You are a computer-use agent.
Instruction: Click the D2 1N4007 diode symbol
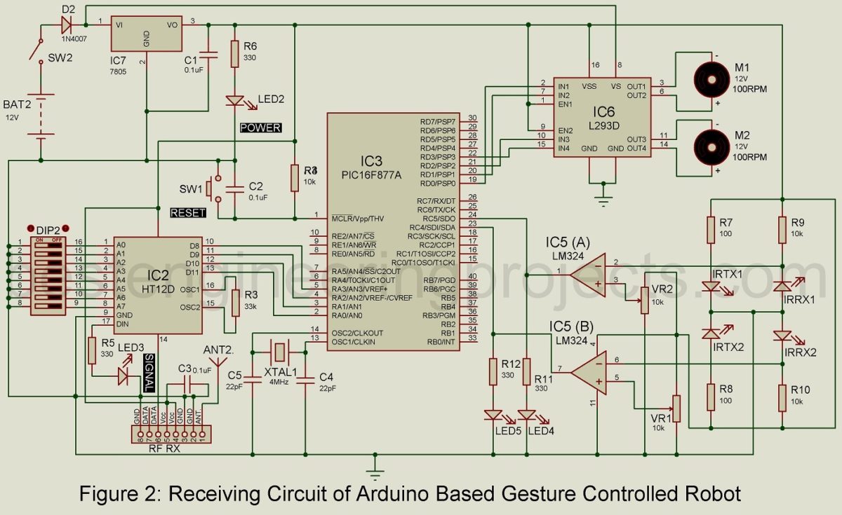[x=67, y=25]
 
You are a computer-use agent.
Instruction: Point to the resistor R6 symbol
[x=235, y=54]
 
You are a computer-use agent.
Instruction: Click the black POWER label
[x=260, y=128]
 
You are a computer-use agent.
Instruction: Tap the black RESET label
[x=188, y=212]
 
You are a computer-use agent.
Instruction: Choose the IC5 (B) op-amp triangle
[x=588, y=369]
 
